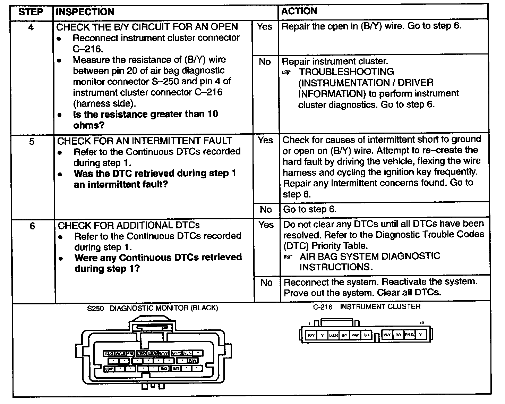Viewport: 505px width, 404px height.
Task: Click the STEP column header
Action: point(31,12)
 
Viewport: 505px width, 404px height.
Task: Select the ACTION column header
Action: point(299,11)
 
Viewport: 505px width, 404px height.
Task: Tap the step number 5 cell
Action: point(32,142)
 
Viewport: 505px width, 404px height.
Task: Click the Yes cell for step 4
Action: point(265,26)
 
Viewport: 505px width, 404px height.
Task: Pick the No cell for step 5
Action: point(266,209)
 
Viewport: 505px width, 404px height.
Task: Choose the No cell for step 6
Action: point(266,283)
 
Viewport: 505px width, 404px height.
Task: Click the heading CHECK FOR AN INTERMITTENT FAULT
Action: point(145,141)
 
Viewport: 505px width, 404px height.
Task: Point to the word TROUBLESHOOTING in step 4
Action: point(346,72)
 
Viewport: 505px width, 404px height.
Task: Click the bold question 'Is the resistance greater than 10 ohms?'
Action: point(146,119)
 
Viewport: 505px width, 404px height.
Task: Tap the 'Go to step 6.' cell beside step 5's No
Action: point(310,209)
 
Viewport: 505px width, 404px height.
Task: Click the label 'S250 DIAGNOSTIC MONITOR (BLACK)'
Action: point(153,308)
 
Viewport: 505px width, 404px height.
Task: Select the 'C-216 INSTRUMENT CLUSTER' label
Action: point(367,307)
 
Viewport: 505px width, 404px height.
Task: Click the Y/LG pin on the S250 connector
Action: point(109,353)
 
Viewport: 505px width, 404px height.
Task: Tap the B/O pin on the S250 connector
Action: point(164,369)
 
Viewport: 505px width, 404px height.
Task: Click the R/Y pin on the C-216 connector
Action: point(311,335)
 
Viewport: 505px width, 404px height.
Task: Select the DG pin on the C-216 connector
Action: point(366,335)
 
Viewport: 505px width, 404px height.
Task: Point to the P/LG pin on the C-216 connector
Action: point(409,335)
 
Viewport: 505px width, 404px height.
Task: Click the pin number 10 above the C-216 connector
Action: point(422,323)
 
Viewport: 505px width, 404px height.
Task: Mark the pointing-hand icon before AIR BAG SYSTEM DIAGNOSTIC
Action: point(287,257)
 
